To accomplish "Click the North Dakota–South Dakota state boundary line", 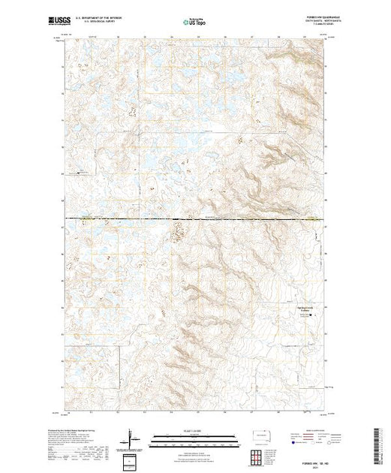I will point(225,218).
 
